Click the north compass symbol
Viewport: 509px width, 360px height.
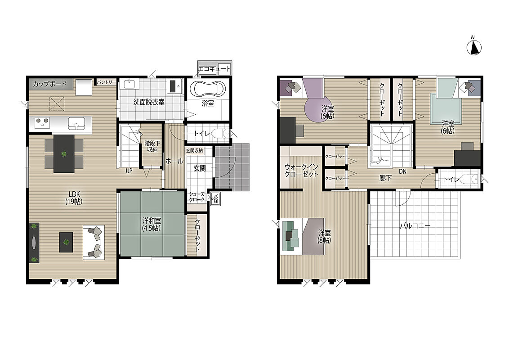click(x=474, y=47)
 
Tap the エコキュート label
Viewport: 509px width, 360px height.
click(x=214, y=69)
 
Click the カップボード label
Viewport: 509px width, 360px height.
click(x=49, y=84)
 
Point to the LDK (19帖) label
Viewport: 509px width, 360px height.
click(x=74, y=198)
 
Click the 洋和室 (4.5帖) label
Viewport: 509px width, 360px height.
click(x=152, y=224)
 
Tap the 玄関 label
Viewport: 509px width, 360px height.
click(x=200, y=168)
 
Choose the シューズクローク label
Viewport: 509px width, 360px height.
click(x=197, y=197)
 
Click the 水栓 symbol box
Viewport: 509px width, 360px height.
click(x=215, y=198)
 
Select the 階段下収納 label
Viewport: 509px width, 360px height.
click(x=151, y=147)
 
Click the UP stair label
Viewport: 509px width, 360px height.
click(x=129, y=171)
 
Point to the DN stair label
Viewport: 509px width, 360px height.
click(x=402, y=171)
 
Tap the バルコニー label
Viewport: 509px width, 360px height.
click(x=415, y=226)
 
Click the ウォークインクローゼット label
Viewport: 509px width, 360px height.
click(x=301, y=171)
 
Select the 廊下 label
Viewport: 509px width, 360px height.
click(x=385, y=178)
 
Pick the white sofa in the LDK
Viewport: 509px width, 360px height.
click(x=94, y=243)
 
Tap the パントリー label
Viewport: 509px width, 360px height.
click(x=106, y=82)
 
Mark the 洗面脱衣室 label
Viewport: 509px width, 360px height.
click(x=149, y=102)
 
